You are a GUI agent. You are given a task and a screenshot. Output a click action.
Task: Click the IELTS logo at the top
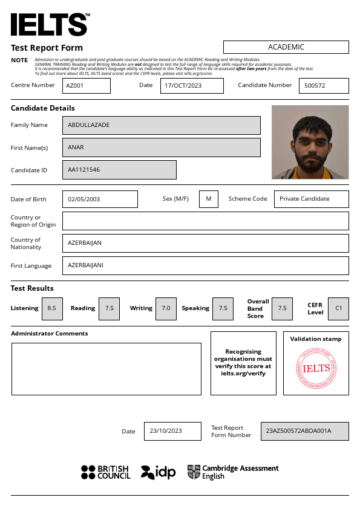[50, 25]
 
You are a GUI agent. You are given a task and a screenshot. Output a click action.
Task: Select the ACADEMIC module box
[286, 47]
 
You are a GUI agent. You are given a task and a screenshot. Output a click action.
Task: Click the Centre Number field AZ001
[86, 86]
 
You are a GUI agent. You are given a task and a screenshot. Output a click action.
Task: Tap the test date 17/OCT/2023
[192, 86]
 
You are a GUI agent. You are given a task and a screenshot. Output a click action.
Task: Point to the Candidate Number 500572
[324, 86]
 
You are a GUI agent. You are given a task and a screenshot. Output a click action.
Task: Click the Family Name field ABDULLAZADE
[161, 125]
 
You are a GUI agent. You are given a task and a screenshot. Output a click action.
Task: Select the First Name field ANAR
[161, 148]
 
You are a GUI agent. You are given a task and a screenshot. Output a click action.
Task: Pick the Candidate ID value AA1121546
[119, 170]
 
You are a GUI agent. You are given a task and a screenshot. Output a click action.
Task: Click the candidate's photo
[310, 142]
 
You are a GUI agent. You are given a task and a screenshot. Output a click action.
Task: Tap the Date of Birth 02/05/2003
[100, 199]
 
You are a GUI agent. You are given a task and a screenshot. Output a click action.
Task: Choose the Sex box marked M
[209, 199]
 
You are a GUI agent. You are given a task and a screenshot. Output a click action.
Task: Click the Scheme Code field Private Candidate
[311, 199]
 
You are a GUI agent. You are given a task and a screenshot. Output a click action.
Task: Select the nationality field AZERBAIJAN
[205, 243]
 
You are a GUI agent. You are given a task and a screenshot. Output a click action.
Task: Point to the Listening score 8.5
[51, 308]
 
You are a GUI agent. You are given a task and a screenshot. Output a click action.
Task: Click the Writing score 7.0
[166, 308]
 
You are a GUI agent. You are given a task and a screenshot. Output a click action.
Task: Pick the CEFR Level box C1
[338, 308]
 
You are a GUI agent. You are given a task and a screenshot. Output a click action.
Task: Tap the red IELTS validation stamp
[316, 369]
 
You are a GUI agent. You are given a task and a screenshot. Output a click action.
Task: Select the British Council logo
[106, 472]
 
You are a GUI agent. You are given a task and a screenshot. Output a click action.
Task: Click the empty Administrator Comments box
[106, 369]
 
